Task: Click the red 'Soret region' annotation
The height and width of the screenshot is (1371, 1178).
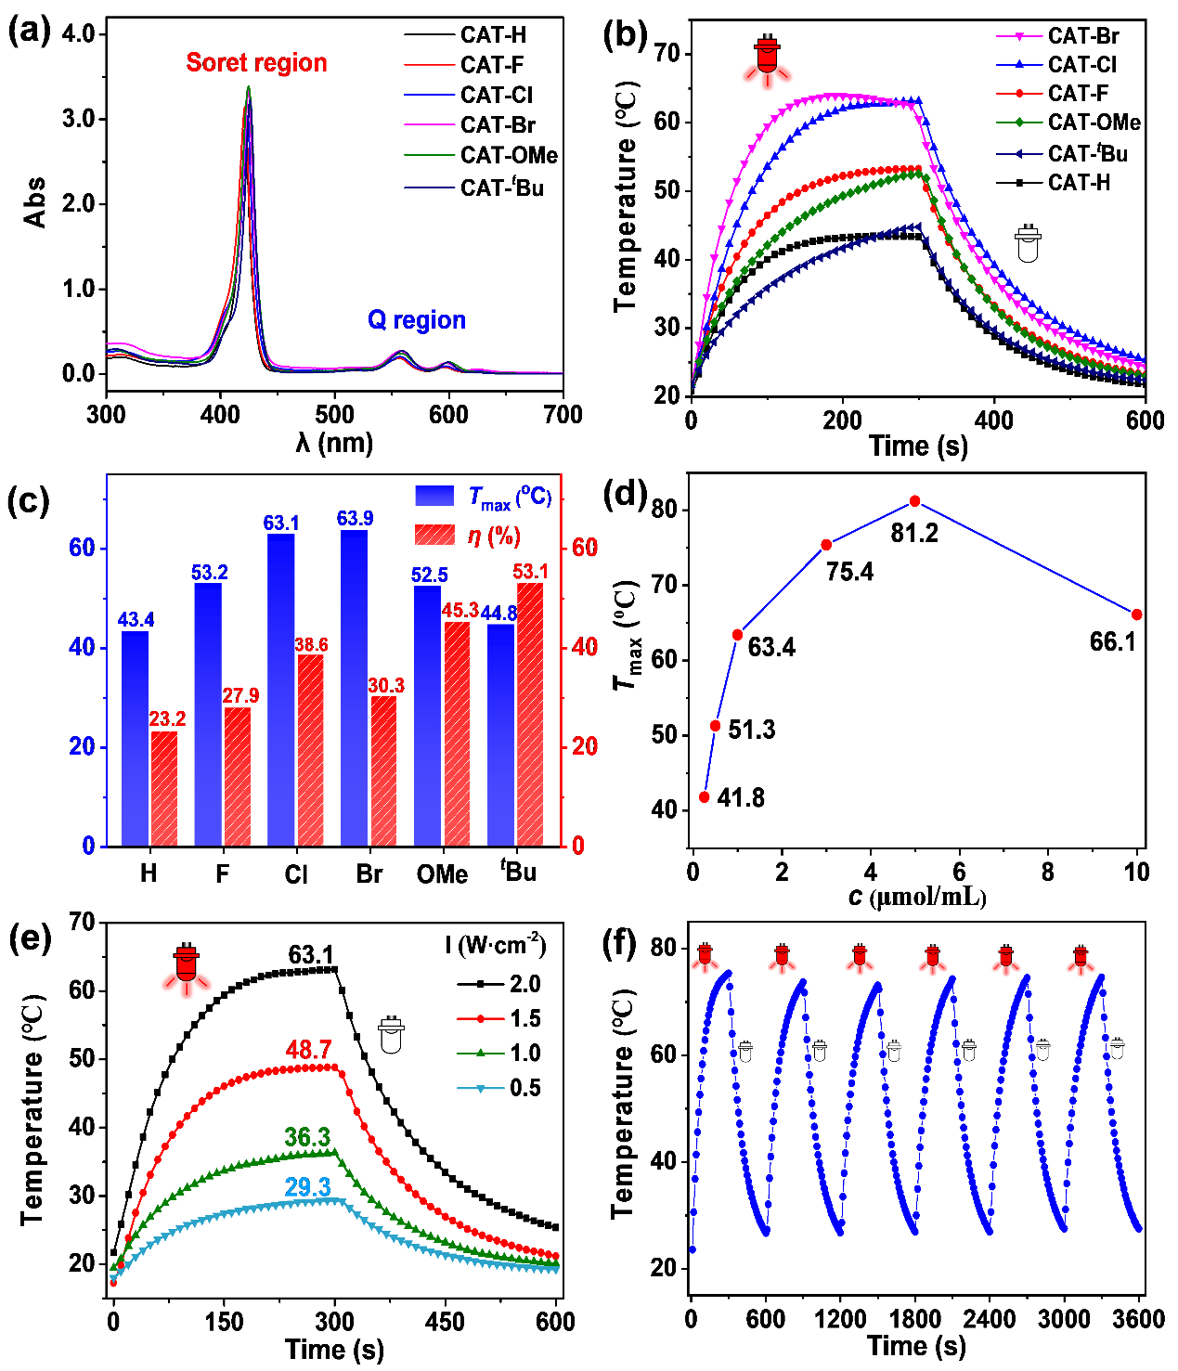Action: pyautogui.click(x=256, y=63)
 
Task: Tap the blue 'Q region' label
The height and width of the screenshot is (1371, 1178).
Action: pyautogui.click(x=416, y=320)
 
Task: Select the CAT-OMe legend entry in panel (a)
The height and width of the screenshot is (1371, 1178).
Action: pyautogui.click(x=509, y=156)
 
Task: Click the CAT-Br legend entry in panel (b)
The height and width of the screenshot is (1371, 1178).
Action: pyautogui.click(x=1082, y=36)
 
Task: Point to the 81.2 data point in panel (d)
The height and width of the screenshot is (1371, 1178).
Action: pyautogui.click(x=915, y=501)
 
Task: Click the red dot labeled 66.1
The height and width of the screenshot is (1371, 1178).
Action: pyautogui.click(x=1137, y=614)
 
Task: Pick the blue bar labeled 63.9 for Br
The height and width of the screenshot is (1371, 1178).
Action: pyautogui.click(x=355, y=687)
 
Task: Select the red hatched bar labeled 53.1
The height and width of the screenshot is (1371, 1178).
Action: pyautogui.click(x=530, y=715)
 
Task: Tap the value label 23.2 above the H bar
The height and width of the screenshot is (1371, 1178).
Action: pyautogui.click(x=167, y=719)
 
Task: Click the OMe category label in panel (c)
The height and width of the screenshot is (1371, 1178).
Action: pyautogui.click(x=442, y=874)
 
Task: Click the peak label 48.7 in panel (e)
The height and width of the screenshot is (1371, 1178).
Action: pyautogui.click(x=309, y=1050)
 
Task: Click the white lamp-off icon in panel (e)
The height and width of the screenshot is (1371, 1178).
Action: pyautogui.click(x=391, y=1035)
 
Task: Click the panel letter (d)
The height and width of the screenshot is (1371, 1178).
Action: pyautogui.click(x=625, y=492)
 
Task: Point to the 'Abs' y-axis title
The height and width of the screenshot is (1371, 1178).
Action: pyautogui.click(x=35, y=202)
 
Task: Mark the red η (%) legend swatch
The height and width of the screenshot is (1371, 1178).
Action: pyautogui.click(x=434, y=535)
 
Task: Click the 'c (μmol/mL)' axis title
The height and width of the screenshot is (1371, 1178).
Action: pyautogui.click(x=916, y=898)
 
